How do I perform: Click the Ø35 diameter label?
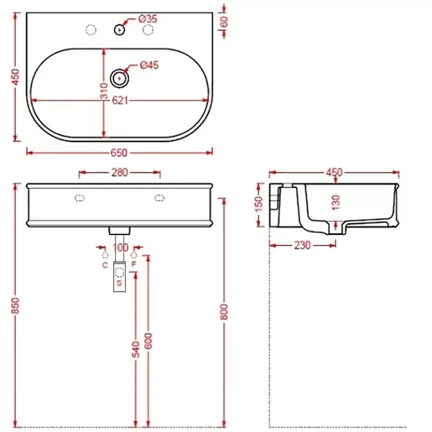click(147, 19)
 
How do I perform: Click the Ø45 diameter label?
click(149, 65)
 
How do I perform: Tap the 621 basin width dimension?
click(120, 101)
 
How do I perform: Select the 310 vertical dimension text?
click(104, 91)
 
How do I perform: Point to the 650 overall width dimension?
click(118, 153)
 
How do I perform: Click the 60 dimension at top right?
click(224, 22)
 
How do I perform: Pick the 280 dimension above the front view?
click(120, 173)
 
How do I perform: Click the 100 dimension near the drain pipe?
click(120, 247)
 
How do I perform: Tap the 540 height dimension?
click(136, 349)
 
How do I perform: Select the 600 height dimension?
click(148, 341)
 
